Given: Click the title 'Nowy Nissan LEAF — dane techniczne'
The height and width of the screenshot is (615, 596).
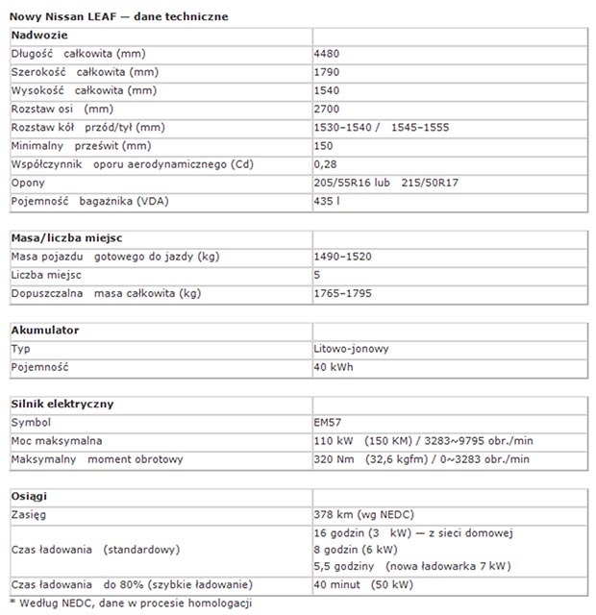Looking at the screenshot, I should [119, 16].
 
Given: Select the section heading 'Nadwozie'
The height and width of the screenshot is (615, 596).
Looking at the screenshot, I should [39, 36].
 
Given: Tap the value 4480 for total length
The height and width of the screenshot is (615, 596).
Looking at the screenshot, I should [328, 54].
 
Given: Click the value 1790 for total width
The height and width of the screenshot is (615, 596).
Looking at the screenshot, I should [328, 72].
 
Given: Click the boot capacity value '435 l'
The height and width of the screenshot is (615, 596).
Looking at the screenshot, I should [327, 200].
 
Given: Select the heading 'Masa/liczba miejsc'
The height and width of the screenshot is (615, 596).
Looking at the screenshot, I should [64, 237].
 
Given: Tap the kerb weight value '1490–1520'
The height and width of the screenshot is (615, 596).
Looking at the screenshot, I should [343, 257].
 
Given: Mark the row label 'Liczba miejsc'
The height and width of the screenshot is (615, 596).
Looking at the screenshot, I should [46, 275].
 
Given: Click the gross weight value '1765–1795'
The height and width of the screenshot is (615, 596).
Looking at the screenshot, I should [343, 293].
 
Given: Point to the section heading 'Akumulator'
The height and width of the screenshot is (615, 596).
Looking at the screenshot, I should [45, 331].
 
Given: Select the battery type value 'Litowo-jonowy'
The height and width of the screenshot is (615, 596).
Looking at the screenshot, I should [351, 349].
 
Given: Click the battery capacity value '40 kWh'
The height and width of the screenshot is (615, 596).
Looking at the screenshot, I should [333, 367].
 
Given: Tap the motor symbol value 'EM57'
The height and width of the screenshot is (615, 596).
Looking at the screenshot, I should [329, 422].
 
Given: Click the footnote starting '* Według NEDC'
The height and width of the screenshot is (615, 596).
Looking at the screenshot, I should [131, 603].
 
